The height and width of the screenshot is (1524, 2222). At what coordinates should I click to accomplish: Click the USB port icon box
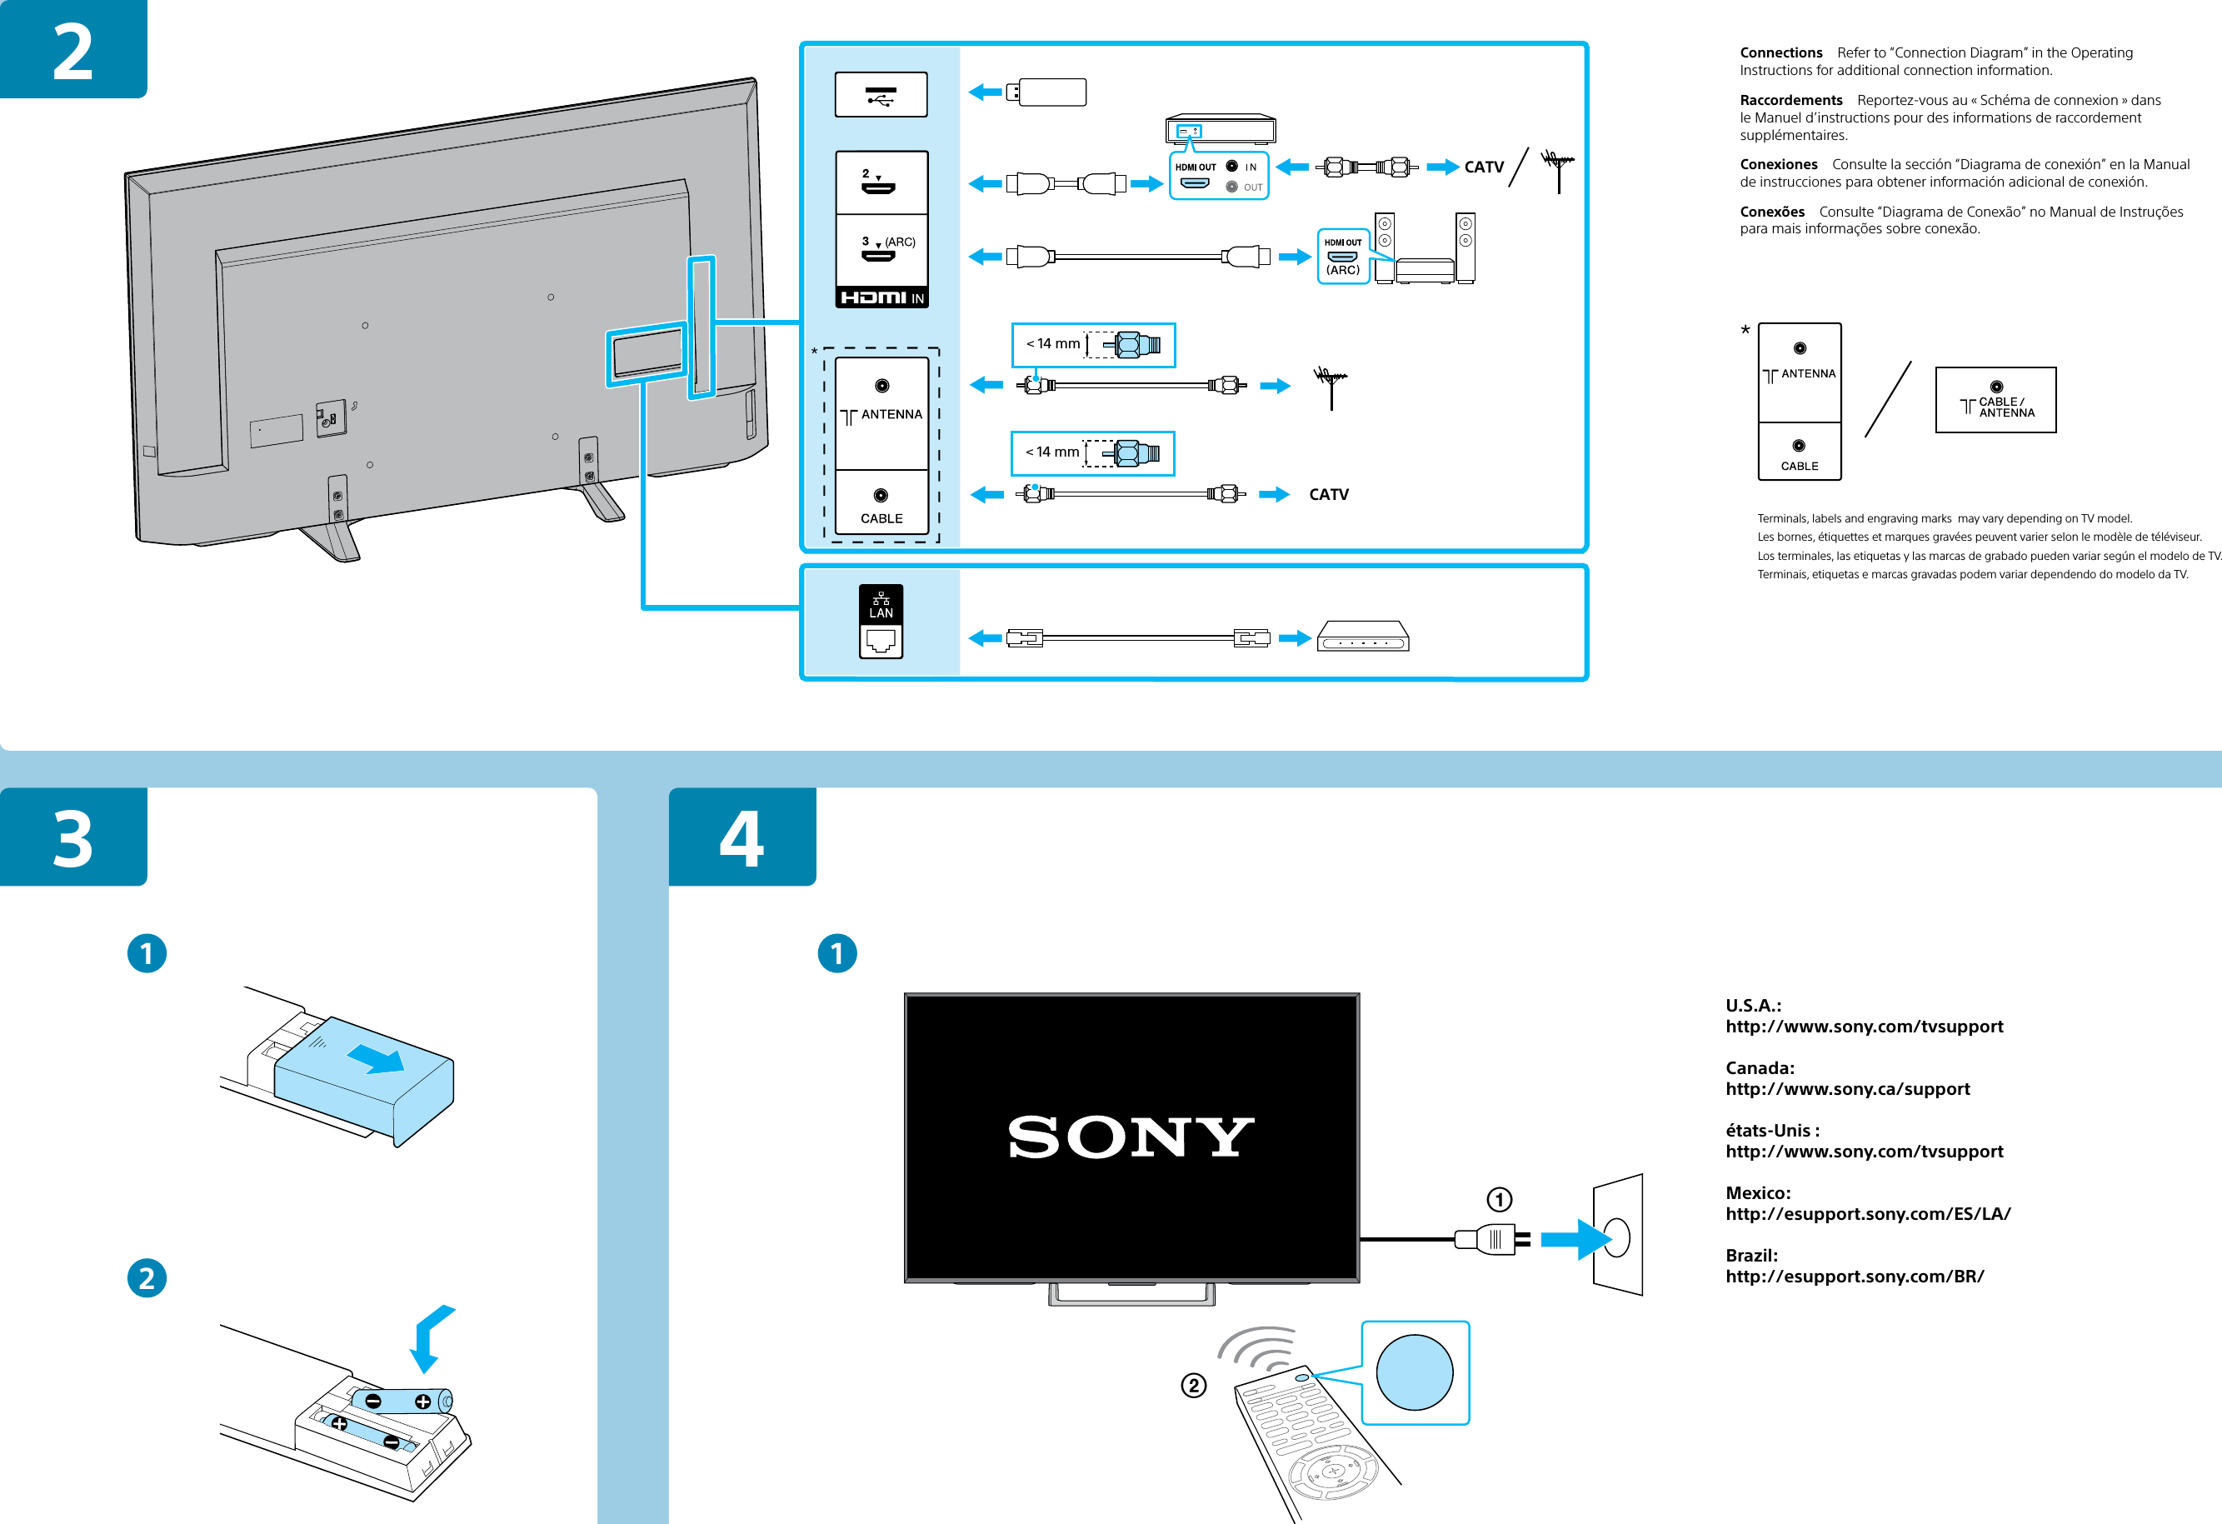pos(881,95)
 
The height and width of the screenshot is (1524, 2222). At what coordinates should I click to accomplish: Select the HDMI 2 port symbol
pos(879,182)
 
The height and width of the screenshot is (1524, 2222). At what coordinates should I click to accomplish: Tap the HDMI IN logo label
pos(881,297)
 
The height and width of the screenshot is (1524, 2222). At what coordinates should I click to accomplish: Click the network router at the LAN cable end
pos(1362,636)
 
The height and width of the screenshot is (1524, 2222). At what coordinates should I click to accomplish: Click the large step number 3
pos(72,839)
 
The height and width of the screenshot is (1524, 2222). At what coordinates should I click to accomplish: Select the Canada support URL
pos(1846,1089)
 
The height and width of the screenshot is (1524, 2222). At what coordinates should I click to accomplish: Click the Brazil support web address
pos(1854,1277)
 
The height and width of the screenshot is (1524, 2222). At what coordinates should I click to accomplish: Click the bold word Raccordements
pos(1790,100)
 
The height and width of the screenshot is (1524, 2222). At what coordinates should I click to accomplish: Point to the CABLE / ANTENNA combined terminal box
pos(1995,400)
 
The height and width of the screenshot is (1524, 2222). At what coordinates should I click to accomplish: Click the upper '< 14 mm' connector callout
pos(1092,344)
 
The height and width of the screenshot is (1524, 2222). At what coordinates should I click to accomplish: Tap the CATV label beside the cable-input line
pos(1328,494)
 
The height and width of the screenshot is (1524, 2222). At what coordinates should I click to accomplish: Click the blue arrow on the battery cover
pos(375,1058)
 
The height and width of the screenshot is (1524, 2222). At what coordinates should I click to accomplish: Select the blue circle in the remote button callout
pos(1413,1372)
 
